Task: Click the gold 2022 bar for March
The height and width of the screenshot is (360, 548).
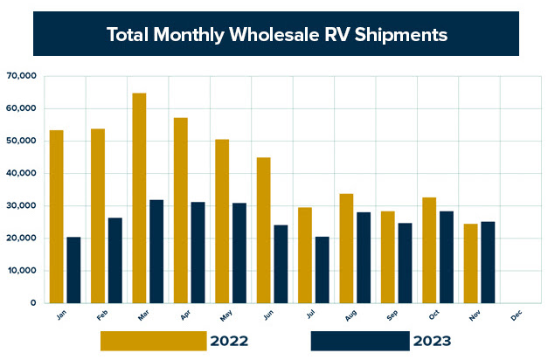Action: (x=139, y=197)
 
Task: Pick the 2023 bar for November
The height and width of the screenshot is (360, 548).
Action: (x=488, y=262)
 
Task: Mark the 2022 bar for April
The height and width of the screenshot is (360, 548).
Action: (x=181, y=210)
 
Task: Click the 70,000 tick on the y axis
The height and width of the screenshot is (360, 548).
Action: (x=21, y=76)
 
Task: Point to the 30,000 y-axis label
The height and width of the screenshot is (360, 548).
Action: (x=21, y=205)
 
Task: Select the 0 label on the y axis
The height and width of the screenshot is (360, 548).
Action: (x=31, y=303)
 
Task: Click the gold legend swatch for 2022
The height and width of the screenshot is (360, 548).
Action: (x=153, y=341)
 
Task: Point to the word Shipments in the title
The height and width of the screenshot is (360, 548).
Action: (x=400, y=35)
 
